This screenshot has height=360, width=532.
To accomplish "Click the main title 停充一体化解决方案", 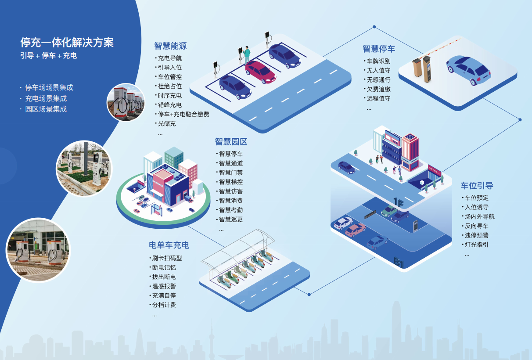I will pyautogui.click(x=67, y=42).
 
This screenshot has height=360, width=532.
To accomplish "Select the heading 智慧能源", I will pyautogui.click(x=170, y=46).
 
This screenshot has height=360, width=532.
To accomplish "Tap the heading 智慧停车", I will pyautogui.click(x=378, y=49).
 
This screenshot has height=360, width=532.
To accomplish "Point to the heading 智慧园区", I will pyautogui.click(x=231, y=142).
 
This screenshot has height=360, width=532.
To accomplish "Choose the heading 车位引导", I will pyautogui.click(x=477, y=186).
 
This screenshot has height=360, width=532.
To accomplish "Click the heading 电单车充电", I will pyautogui.click(x=169, y=245).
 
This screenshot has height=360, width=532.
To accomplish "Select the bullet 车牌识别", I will pyautogui.click(x=378, y=61).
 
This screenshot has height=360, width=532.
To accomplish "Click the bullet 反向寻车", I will pyautogui.click(x=476, y=226).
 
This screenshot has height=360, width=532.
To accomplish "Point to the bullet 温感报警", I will pyautogui.click(x=164, y=286).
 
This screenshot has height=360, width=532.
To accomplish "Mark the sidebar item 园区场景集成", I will pyautogui.click(x=46, y=109).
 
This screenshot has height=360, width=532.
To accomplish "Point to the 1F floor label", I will pyautogui.click(x=398, y=202).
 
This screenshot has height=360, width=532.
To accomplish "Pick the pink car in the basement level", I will pyautogui.click(x=355, y=230).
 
